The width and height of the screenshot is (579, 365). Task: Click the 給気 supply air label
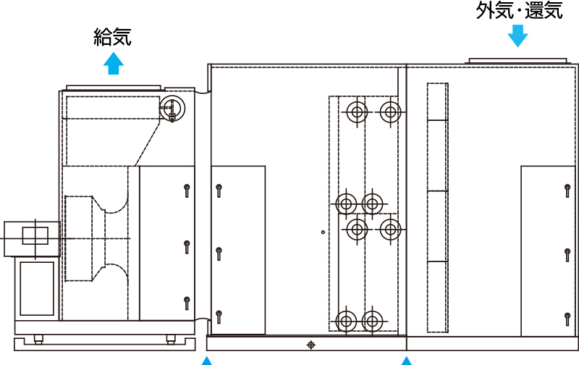pos(113,37)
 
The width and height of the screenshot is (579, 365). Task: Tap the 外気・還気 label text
pos(520,10)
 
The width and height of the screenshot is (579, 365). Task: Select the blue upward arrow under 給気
pos(114,63)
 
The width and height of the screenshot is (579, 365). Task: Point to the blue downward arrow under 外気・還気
pos(517,35)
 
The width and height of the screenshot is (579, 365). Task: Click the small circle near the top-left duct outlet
pos(172,108)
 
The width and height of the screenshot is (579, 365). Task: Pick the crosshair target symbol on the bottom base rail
pos(311,345)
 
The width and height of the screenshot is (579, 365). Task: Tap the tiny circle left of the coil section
pos(323,232)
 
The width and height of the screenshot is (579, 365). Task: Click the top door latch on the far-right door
pos(567,190)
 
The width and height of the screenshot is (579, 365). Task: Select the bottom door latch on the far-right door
pos(567,319)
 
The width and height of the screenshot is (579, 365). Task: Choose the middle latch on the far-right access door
pos(567,255)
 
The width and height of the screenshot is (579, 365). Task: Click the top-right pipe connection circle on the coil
pos(390,112)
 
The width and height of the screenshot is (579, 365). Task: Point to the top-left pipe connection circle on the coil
pos(357,112)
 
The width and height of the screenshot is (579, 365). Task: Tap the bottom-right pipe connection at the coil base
pos(372,321)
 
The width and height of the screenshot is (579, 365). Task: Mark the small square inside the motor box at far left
pos(35,235)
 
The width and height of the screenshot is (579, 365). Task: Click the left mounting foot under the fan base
pos(38,339)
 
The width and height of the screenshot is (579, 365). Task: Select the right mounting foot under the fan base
pos(171,339)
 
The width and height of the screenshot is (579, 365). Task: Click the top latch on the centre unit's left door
pos(219,190)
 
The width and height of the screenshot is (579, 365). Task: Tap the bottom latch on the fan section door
pos(187,303)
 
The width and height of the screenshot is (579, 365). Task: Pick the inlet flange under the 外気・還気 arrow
pos(517,61)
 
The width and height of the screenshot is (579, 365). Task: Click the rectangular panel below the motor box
pos(37,288)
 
